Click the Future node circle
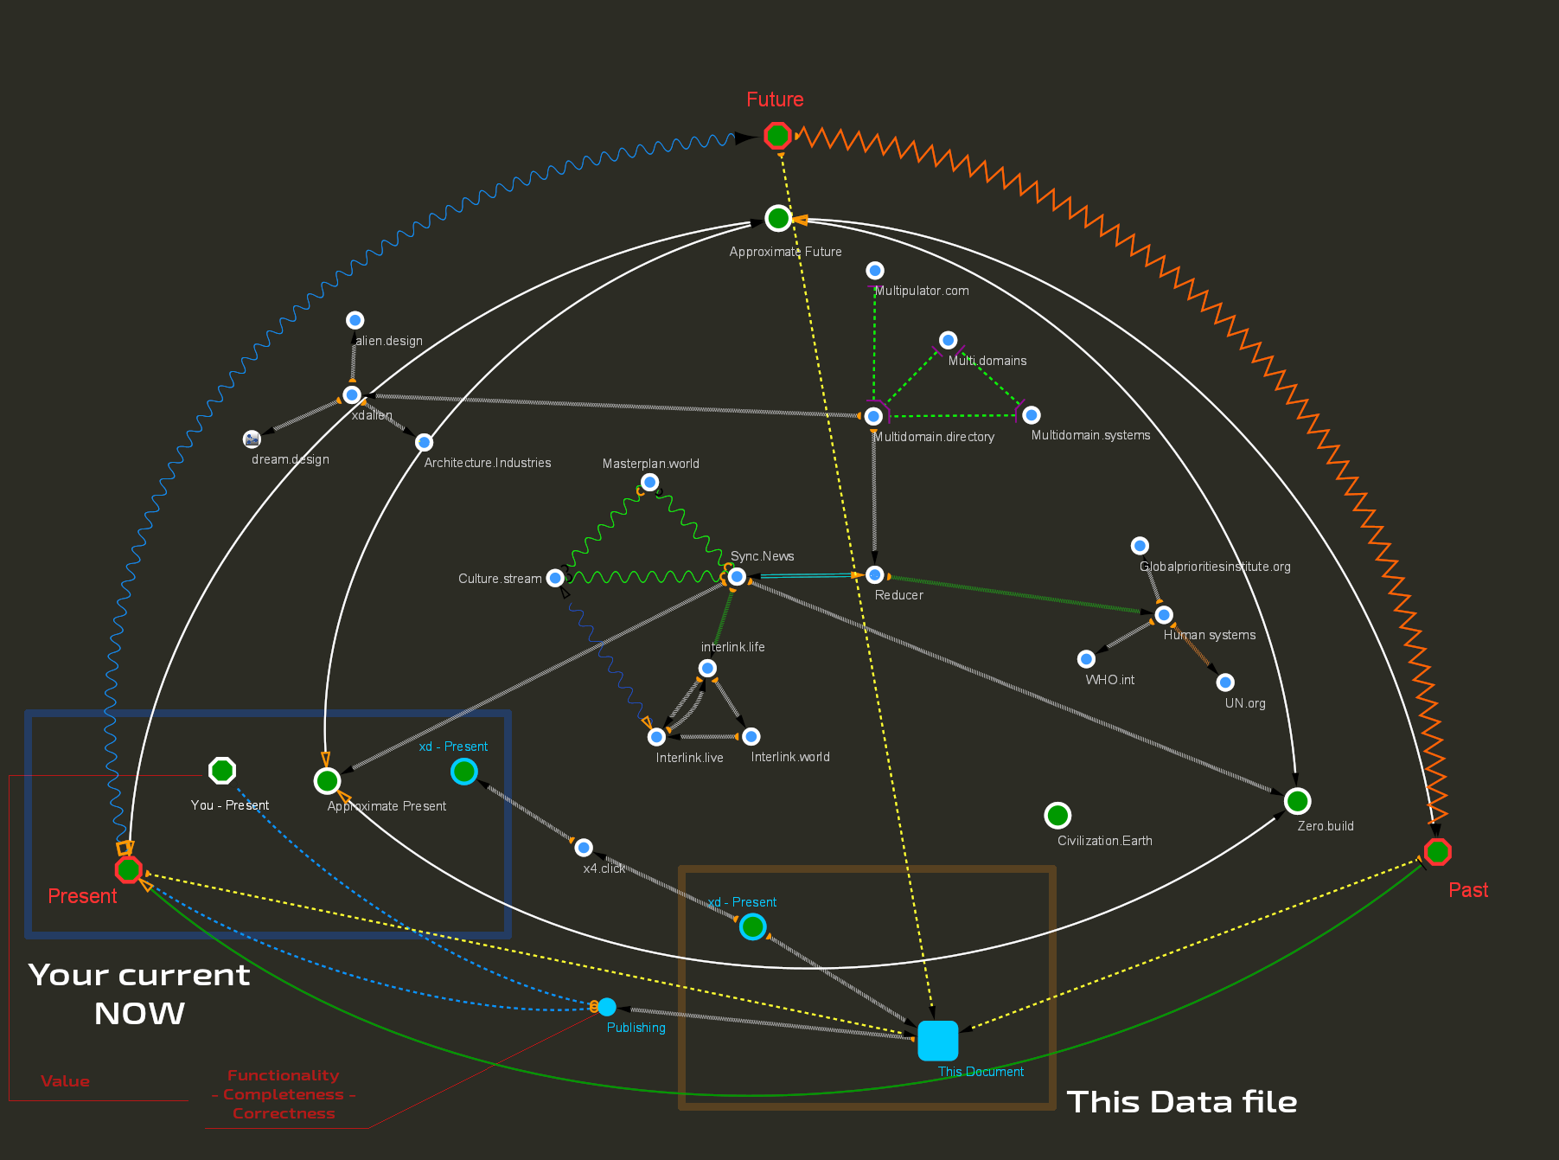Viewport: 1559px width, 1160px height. point(777,136)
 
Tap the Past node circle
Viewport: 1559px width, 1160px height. point(1437,852)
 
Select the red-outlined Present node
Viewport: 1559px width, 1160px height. point(129,869)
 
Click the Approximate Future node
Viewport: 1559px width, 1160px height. point(778,219)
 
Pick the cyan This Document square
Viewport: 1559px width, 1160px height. point(937,1041)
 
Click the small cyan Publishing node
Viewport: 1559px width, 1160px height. point(607,1007)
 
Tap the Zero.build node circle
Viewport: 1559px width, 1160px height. point(1297,801)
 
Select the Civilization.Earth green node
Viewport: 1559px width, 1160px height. point(1057,815)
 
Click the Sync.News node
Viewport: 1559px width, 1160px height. point(737,576)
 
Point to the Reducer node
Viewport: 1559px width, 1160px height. point(875,574)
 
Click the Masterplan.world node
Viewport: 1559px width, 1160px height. point(650,482)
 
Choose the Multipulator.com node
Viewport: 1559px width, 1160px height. point(875,271)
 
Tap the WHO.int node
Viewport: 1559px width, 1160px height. point(1087,659)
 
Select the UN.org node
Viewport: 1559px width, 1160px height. point(1225,683)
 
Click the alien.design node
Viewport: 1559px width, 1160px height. point(355,320)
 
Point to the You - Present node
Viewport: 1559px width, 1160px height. point(222,770)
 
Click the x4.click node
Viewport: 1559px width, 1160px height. point(584,847)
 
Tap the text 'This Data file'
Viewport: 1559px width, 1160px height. point(1181,1102)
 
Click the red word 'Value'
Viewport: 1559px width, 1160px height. point(65,1081)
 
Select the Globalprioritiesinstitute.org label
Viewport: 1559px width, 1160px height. point(1215,567)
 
